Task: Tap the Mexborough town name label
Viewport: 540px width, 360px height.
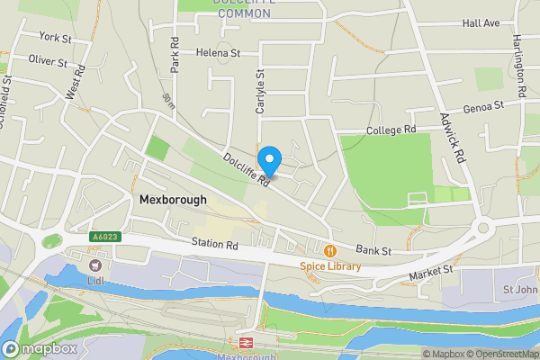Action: pyautogui.click(x=173, y=200)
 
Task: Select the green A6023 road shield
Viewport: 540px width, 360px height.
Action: pyautogui.click(x=103, y=238)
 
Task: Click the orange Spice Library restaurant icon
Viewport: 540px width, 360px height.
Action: pyautogui.click(x=330, y=250)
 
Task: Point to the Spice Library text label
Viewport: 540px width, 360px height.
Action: pyautogui.click(x=330, y=266)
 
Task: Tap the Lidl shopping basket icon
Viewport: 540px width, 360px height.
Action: pyautogui.click(x=94, y=265)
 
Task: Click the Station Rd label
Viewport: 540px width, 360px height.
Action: pyautogui.click(x=214, y=244)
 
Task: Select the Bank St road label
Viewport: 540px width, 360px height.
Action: pyautogui.click(x=373, y=249)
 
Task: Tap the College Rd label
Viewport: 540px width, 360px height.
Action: pyautogui.click(x=391, y=130)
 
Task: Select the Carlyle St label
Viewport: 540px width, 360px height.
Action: pyautogui.click(x=260, y=91)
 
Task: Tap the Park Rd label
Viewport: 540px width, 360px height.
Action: pyautogui.click(x=175, y=55)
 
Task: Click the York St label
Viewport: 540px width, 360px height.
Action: pyautogui.click(x=54, y=37)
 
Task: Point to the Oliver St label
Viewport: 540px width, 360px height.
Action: pyautogui.click(x=48, y=62)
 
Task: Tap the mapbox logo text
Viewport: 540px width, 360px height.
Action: pyautogui.click(x=41, y=348)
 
